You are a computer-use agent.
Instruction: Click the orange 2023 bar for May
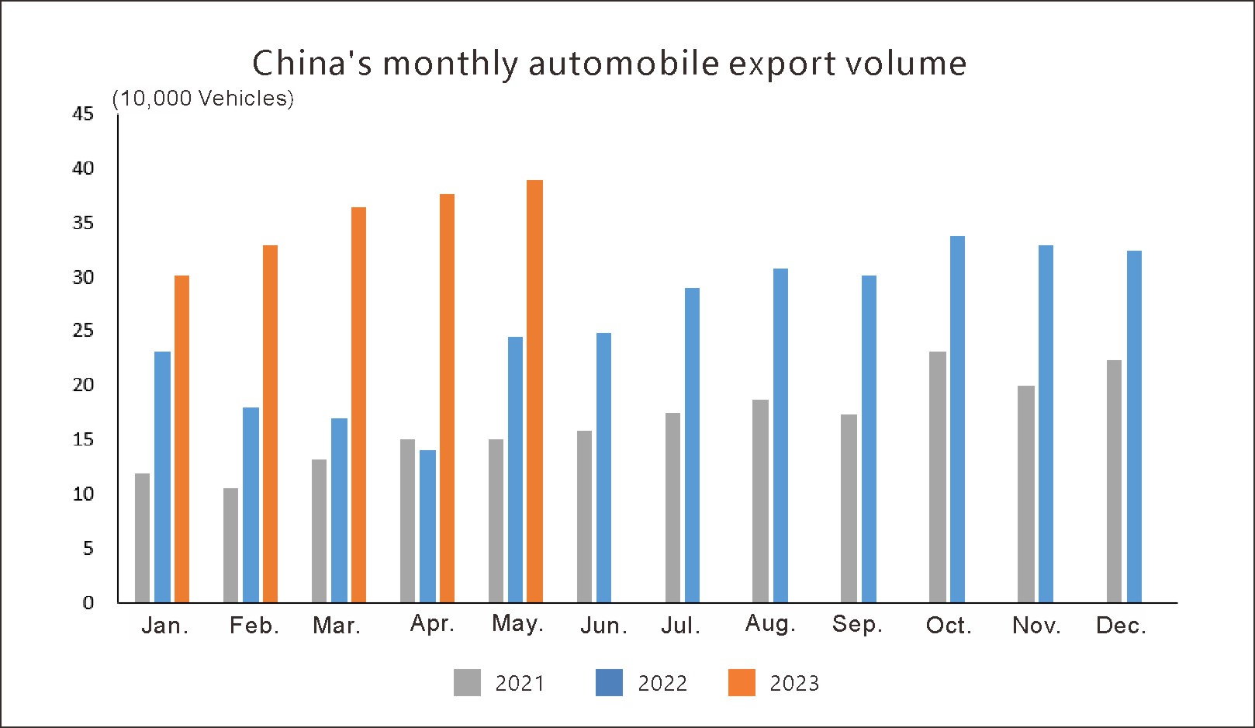(x=534, y=391)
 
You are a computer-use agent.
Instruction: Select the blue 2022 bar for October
(x=957, y=419)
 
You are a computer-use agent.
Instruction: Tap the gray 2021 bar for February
(x=230, y=545)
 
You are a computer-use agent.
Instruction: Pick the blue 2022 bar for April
(x=427, y=526)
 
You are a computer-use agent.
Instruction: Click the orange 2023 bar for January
(x=182, y=439)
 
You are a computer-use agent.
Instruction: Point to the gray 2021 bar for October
(x=938, y=477)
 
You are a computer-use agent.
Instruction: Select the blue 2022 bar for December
(x=1134, y=426)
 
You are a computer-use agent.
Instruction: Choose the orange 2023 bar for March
(x=358, y=404)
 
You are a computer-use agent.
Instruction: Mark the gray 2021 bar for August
(x=761, y=501)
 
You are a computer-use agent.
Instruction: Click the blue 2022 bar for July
(x=692, y=445)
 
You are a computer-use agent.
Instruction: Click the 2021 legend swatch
(x=467, y=682)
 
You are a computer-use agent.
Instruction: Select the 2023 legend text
(x=794, y=683)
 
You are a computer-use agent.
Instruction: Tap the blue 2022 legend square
(x=609, y=682)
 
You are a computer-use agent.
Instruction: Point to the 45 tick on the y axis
(x=83, y=114)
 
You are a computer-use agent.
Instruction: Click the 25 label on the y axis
(x=83, y=331)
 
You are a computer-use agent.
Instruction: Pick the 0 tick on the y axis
(x=88, y=602)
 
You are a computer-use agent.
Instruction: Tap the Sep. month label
(x=857, y=625)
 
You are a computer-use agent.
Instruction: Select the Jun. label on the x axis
(x=603, y=626)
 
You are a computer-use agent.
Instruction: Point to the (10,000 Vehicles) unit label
(x=203, y=99)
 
